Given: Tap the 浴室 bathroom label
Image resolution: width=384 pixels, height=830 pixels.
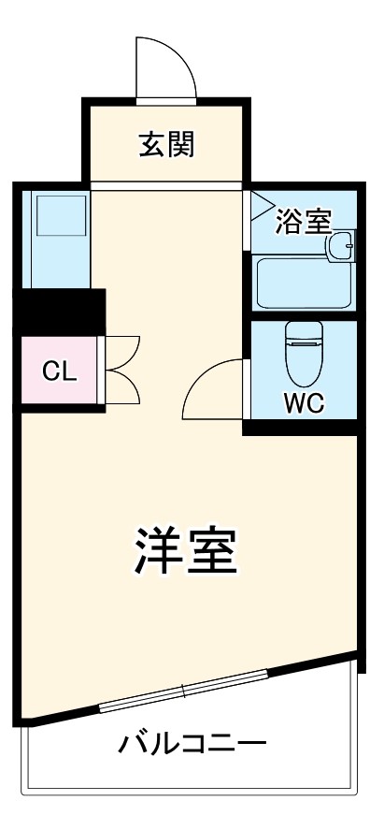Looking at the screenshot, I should click(x=304, y=222).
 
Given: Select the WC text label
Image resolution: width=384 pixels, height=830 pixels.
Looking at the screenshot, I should click(x=303, y=404).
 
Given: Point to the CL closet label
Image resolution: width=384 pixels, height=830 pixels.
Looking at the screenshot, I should click(x=60, y=371).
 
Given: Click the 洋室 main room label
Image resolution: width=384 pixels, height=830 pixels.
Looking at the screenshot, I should click(x=185, y=551).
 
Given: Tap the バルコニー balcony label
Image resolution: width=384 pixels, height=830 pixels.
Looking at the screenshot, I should click(x=192, y=745).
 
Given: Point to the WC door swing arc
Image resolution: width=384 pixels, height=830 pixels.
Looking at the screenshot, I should click(x=213, y=391).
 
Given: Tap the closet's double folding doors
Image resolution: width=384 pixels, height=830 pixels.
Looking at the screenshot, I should click(x=121, y=371).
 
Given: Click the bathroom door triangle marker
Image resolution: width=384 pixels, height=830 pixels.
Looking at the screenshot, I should click(x=259, y=206).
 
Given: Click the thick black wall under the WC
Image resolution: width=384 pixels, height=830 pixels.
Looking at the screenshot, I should click(x=301, y=429).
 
